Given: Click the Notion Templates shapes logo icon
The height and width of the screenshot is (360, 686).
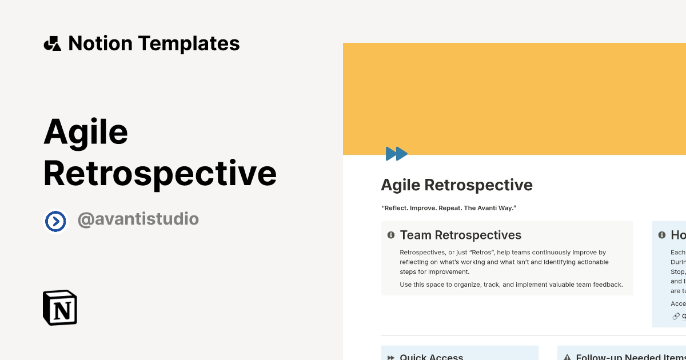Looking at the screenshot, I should [x=52, y=43].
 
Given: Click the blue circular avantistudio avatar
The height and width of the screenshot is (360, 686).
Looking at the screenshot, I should [x=55, y=221].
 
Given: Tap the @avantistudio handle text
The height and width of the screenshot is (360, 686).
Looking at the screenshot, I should [x=138, y=219].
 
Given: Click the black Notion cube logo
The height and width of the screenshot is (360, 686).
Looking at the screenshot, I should [x=60, y=307].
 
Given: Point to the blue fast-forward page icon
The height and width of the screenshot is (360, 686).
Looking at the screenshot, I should [x=396, y=153].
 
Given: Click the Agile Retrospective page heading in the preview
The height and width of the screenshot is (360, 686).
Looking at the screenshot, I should [x=457, y=185].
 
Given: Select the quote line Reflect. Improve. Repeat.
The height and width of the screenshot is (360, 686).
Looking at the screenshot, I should [x=449, y=208].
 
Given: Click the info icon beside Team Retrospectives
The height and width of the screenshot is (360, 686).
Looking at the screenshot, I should [x=391, y=235].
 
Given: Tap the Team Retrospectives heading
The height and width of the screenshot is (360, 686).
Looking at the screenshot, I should [x=461, y=235].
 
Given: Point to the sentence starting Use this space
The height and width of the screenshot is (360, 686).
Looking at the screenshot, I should [x=511, y=285].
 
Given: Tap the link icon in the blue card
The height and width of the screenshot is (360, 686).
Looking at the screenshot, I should [x=676, y=316].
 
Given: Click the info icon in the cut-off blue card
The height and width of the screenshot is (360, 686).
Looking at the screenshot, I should [x=662, y=235].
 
